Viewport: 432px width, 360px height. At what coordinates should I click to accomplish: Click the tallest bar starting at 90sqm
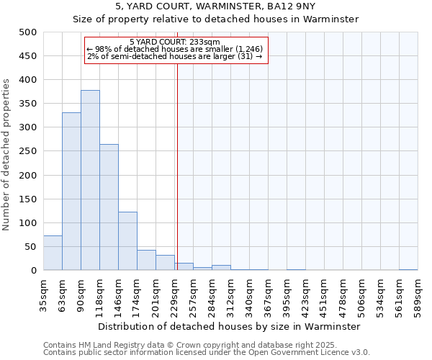pyautogui.click(x=90, y=180)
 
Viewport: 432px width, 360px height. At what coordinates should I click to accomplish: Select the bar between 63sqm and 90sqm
pyautogui.click(x=71, y=192)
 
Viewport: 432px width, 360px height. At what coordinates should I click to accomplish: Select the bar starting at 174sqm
pyautogui.click(x=146, y=260)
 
